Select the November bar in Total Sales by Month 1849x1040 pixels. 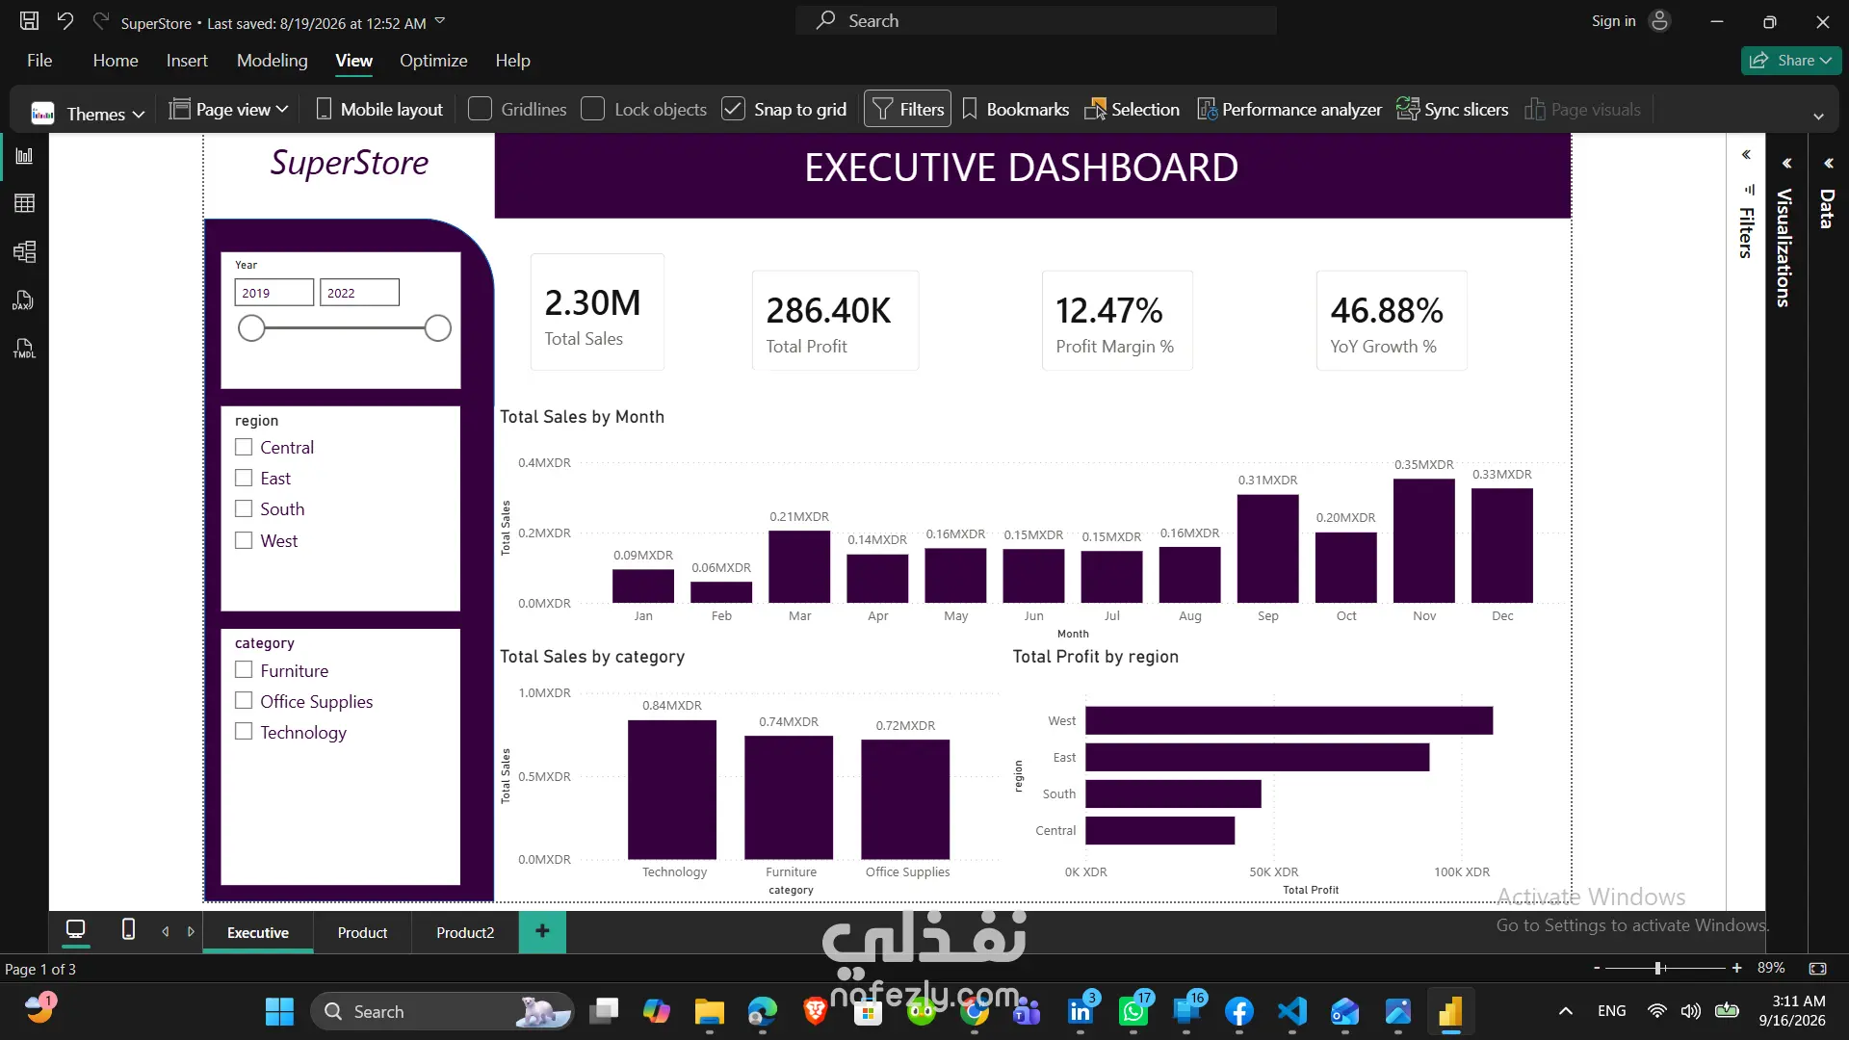click(1423, 540)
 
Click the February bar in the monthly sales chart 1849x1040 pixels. click(721, 592)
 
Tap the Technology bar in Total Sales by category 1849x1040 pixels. click(672, 790)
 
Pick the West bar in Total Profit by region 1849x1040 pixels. click(1289, 720)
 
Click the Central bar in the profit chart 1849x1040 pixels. click(1159, 830)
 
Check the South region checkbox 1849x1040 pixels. click(244, 508)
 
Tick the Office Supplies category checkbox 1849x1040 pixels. click(244, 701)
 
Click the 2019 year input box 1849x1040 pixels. click(274, 293)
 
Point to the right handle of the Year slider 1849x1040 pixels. click(437, 328)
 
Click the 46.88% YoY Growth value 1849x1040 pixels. click(1387, 311)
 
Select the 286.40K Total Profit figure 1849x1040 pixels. click(828, 311)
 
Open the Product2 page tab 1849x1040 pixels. click(465, 932)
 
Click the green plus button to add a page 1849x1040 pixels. click(542, 931)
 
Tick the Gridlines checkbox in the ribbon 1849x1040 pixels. click(480, 109)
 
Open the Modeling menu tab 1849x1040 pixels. click(273, 61)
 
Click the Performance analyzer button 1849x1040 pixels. click(1289, 109)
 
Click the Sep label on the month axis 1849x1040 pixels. click(1268, 616)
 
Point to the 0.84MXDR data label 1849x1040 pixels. click(672, 706)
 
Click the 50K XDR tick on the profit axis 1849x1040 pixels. click(1274, 872)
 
